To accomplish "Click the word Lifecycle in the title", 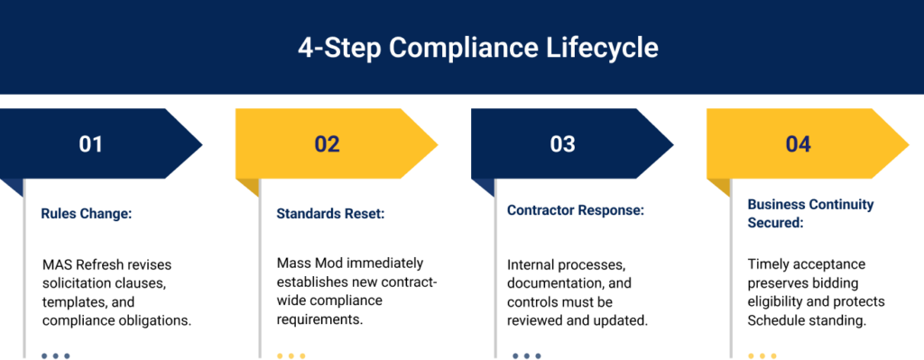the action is tap(607, 48).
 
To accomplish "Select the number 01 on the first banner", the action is tap(91, 144).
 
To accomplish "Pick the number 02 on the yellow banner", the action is tap(327, 144).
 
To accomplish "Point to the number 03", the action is tap(562, 144).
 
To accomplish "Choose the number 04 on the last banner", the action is tap(798, 144).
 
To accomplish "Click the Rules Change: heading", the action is tap(87, 214).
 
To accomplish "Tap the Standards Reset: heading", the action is tap(330, 214).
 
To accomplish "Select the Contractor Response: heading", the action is tap(575, 210).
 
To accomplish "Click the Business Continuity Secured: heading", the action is tap(809, 213).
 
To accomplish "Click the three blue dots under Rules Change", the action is tap(55, 355).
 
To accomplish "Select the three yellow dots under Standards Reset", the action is tap(291, 355).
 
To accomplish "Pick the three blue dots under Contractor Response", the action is tap(527, 355).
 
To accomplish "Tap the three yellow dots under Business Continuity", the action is tap(762, 355).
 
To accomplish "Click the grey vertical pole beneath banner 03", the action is tap(495, 271).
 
